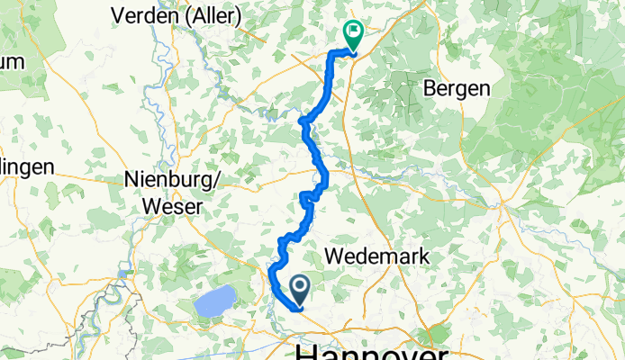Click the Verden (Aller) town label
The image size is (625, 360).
[x=176, y=15]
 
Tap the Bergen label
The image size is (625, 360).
[x=456, y=88]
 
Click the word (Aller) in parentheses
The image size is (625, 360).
[x=214, y=15]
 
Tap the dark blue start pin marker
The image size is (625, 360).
[x=300, y=289]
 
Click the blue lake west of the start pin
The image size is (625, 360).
[x=214, y=303]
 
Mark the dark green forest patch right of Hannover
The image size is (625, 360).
[x=440, y=333]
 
